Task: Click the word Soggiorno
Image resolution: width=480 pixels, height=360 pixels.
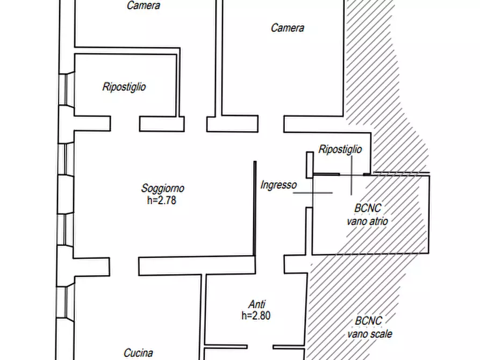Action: (x=162, y=188)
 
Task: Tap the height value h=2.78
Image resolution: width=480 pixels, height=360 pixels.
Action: (x=162, y=200)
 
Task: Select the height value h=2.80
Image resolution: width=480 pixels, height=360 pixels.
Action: (x=256, y=315)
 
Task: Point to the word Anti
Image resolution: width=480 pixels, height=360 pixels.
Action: (x=257, y=304)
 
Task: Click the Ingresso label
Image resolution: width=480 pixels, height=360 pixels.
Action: (x=278, y=185)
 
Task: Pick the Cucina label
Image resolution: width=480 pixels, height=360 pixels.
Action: (x=138, y=352)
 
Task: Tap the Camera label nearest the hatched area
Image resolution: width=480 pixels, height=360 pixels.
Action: (x=288, y=28)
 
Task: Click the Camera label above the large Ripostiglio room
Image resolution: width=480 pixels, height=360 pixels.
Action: (x=144, y=5)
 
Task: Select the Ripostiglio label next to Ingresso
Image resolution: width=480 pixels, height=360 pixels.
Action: (x=340, y=149)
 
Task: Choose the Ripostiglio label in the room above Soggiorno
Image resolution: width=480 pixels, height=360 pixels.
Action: (x=124, y=87)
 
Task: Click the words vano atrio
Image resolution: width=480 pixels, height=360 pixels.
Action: (x=367, y=221)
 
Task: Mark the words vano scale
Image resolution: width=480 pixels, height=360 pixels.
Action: (x=370, y=334)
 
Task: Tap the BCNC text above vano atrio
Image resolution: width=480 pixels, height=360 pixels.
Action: (x=368, y=208)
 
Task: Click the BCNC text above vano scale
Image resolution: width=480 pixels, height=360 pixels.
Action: (x=368, y=321)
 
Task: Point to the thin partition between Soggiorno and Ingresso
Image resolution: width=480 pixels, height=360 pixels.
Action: (x=255, y=208)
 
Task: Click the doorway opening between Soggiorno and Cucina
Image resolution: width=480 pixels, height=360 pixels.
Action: (x=124, y=267)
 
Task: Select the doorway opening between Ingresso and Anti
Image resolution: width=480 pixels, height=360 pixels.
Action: (x=269, y=264)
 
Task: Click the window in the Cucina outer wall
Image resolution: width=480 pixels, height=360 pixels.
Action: (x=65, y=302)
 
